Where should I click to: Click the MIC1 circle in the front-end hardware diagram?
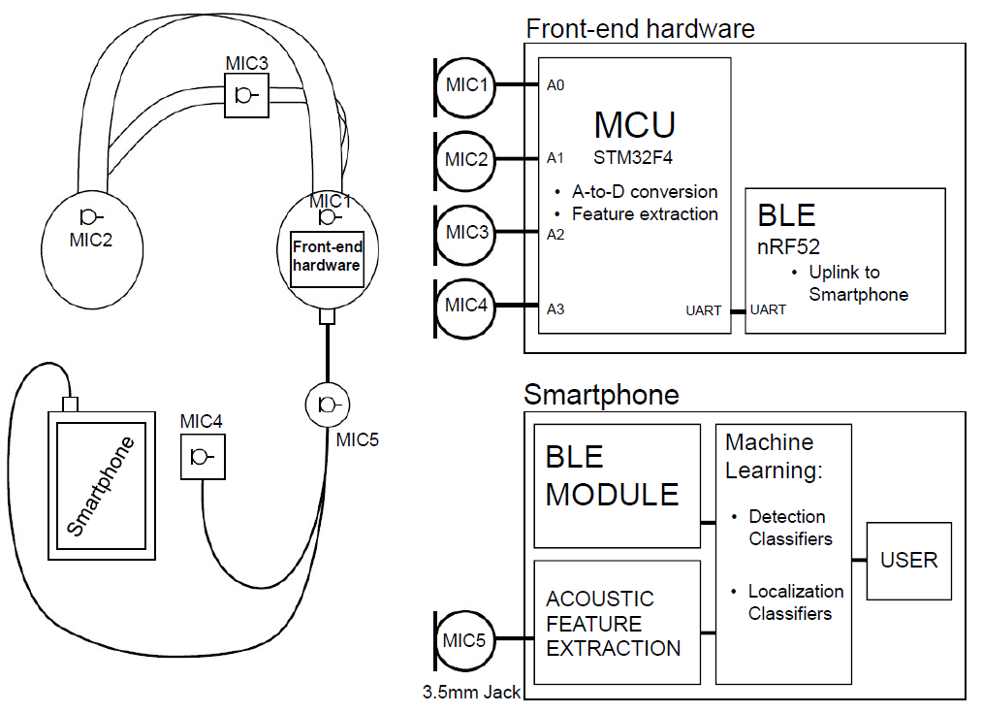click(x=467, y=85)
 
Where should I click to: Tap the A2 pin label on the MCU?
click(x=555, y=234)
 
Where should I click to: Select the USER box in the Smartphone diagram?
click(x=908, y=560)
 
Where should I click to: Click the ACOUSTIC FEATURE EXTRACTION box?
click(x=617, y=622)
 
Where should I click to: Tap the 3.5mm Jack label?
click(x=471, y=693)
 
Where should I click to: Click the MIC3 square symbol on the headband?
click(x=245, y=96)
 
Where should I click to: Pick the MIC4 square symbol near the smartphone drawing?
click(x=203, y=456)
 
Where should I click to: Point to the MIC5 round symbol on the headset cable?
click(x=328, y=404)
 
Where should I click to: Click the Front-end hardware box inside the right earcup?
click(x=327, y=258)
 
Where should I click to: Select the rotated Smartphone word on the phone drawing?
click(x=101, y=486)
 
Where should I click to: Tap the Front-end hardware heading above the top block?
click(x=639, y=28)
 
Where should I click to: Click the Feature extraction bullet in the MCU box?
click(x=644, y=214)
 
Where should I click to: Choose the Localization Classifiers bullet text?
click(x=794, y=601)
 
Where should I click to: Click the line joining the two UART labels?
click(x=738, y=311)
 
